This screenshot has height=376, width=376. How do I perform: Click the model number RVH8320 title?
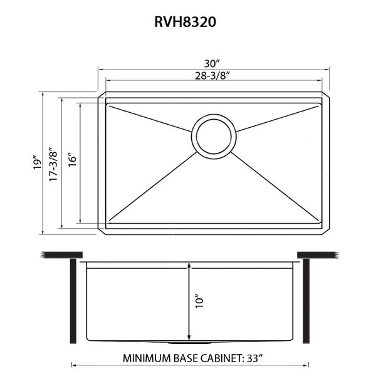pos(185,22)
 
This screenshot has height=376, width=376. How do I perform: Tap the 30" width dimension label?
pos(212,64)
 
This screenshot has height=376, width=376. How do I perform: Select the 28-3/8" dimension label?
pos(212,76)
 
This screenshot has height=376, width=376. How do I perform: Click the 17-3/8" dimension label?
pos(53,164)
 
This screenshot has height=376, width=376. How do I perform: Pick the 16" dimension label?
pos(72,159)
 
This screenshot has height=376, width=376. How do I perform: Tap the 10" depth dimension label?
pos(199,301)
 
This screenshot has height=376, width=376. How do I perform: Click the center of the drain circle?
pos(214,136)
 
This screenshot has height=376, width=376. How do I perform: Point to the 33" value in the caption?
pos(255,358)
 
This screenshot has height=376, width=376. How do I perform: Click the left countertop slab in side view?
pos(61,255)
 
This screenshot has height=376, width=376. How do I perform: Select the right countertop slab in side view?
pos(318,255)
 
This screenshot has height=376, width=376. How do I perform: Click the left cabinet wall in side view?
pos(73,301)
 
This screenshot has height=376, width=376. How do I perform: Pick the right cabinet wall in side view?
pos(306,301)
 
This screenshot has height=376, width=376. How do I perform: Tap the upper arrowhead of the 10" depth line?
pos(189,265)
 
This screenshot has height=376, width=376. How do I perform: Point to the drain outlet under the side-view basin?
pos(189,343)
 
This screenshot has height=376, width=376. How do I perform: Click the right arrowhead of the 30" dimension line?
pos(327,70)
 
